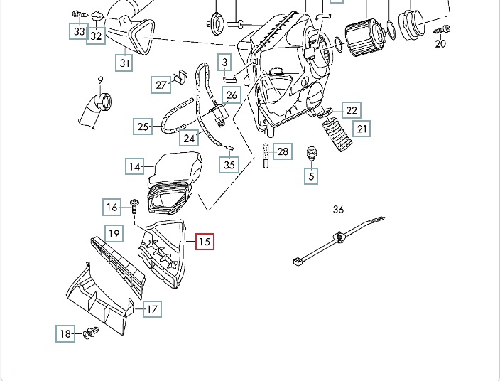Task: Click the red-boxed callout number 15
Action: [204, 242]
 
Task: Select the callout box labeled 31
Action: [125, 63]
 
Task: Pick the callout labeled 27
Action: [161, 85]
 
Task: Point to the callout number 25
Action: [143, 127]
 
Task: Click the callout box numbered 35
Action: [229, 165]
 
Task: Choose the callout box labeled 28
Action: [283, 151]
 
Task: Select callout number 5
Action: [311, 174]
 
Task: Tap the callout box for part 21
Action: [362, 129]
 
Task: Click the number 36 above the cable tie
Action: [339, 210]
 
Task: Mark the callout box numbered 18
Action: [65, 333]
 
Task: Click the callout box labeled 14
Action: [135, 167]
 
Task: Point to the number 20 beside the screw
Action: [440, 44]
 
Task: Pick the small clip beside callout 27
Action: [180, 75]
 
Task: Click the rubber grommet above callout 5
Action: [310, 154]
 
